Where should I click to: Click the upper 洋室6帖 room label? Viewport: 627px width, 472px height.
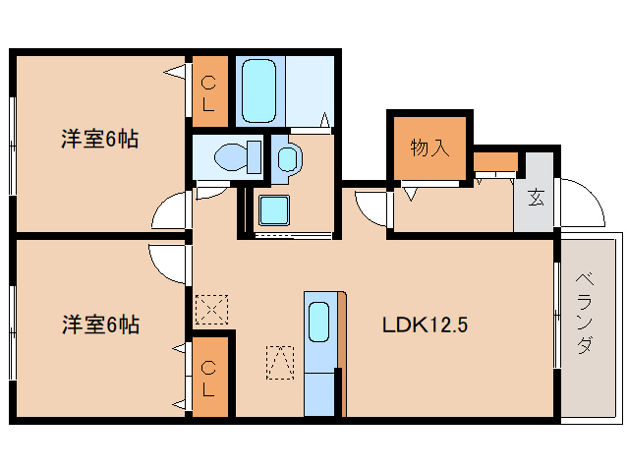(x=99, y=140)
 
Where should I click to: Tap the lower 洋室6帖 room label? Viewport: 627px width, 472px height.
(x=99, y=323)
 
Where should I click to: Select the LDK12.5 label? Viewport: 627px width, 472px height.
(x=425, y=324)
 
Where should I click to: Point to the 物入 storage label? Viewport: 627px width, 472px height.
(x=429, y=148)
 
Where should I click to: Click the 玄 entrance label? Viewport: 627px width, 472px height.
(x=536, y=198)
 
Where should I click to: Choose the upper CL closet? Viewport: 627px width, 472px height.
(x=209, y=90)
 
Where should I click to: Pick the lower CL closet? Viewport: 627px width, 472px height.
(x=209, y=378)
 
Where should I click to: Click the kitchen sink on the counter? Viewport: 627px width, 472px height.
(x=319, y=322)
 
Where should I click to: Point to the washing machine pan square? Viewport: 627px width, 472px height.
(x=272, y=209)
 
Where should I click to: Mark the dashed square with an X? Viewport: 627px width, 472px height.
(x=209, y=310)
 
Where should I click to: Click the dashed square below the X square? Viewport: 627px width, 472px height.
(x=280, y=362)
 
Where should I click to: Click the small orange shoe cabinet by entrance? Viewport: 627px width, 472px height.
(x=495, y=160)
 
